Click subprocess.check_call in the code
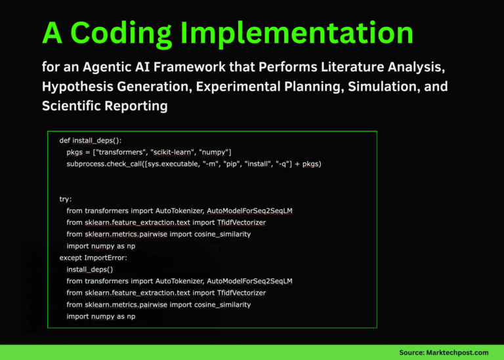[x=107, y=163]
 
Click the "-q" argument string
[x=283, y=163]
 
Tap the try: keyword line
[x=66, y=199]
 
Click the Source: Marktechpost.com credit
[x=444, y=352]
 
